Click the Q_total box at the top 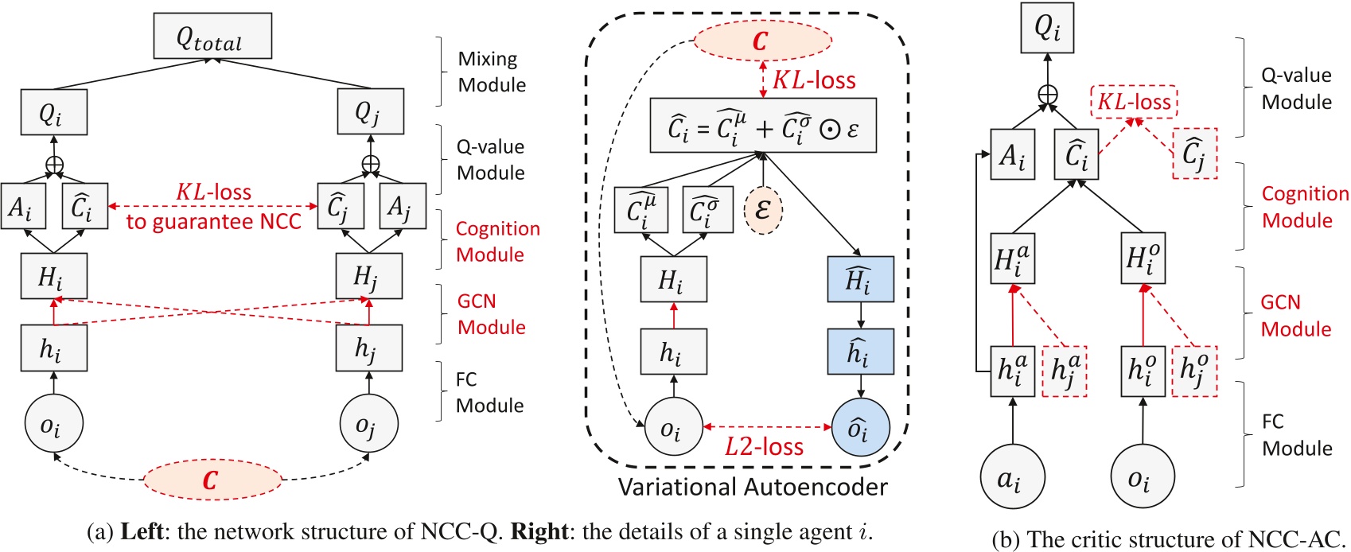pos(212,36)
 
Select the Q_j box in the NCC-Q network pos(370,111)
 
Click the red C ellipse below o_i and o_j pos(212,480)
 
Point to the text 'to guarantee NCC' pos(213,222)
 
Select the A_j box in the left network pos(403,207)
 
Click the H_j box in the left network pos(368,276)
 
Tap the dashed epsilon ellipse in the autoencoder pos(763,210)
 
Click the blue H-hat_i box pos(860,279)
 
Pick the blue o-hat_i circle pos(860,430)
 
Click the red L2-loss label pos(765,447)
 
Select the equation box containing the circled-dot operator pos(763,126)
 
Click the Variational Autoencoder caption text pos(753,487)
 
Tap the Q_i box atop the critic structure pos(1047,28)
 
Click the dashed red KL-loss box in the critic pos(1134,102)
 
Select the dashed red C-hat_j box pos(1194,153)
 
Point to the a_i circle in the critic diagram pos(1011,478)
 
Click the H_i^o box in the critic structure pos(1143,258)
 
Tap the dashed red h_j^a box pos(1065,371)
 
